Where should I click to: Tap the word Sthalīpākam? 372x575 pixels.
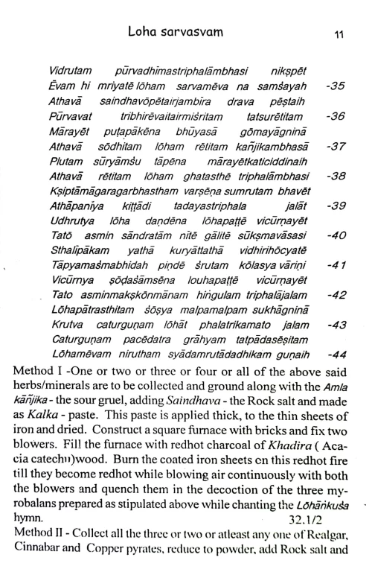point(81,250)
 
